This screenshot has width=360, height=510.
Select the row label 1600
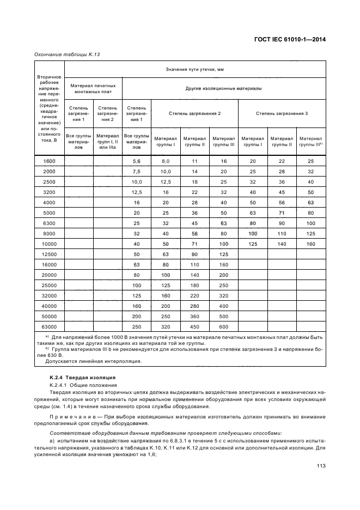50,161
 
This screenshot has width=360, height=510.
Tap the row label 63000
50,326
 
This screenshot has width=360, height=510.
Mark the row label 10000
50,244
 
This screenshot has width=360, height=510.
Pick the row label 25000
50,285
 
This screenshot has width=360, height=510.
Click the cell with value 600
223,326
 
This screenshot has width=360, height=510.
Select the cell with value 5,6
136,161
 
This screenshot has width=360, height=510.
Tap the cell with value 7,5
136,172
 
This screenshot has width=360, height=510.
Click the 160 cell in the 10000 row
310,244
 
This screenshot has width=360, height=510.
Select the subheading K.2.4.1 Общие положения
80,385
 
